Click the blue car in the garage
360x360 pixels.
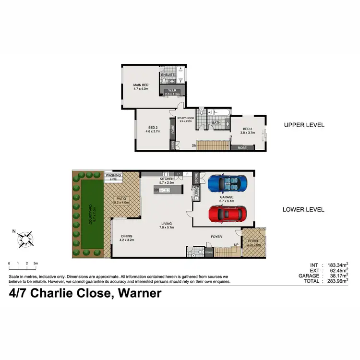pos(228,183)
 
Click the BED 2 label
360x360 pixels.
pos(153,129)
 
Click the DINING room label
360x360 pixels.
pos(127,237)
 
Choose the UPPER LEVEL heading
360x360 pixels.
pos(304,125)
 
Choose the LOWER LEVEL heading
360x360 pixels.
pos(304,209)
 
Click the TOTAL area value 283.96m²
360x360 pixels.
pos(337,281)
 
